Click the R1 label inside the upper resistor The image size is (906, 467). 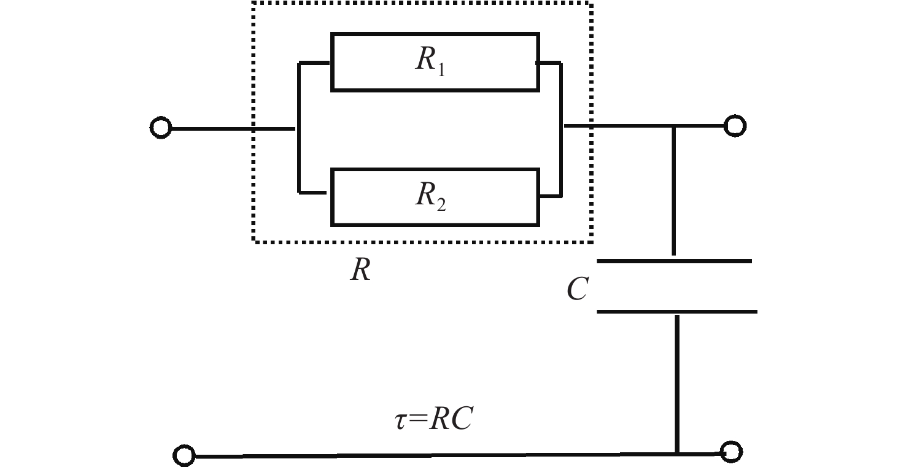tap(430, 61)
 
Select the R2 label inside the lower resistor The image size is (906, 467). tap(430, 196)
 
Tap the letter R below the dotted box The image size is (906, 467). tap(360, 269)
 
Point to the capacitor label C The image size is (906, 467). tap(578, 288)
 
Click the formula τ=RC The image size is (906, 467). tap(433, 418)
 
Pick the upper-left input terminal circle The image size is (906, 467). tap(161, 128)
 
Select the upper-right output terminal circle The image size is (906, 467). tap(735, 126)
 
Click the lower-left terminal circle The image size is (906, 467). tap(184, 456)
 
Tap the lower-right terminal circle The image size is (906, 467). tap(731, 452)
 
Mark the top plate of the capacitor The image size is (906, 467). tap(674, 261)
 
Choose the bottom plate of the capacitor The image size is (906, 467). tap(677, 312)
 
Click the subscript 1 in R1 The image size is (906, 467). tap(441, 70)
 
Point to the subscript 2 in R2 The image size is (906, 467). tap(441, 206)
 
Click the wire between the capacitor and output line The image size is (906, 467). tap(673, 191)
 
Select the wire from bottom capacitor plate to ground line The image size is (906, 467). tap(677, 384)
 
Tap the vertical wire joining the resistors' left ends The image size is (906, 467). tap(299, 128)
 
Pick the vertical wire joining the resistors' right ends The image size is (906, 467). tap(561, 129)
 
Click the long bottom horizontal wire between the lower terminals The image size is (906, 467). tap(457, 455)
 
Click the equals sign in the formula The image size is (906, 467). tap(418, 419)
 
